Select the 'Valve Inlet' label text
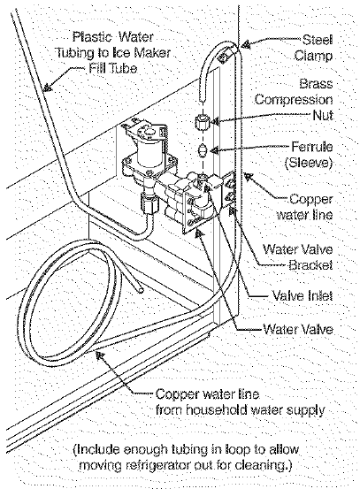click(301, 296)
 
